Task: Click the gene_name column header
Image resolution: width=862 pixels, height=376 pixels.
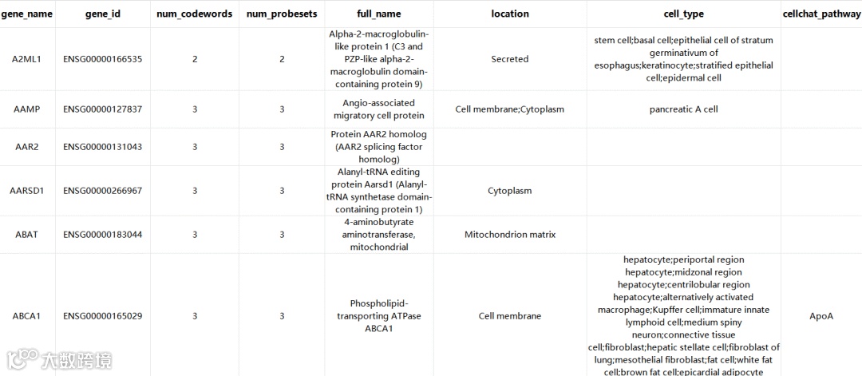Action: tap(27, 14)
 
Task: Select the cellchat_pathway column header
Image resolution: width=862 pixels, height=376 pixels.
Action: tap(821, 14)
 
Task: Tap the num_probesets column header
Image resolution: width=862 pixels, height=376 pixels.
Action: tap(282, 14)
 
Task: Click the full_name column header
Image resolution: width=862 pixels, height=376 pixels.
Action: tap(380, 14)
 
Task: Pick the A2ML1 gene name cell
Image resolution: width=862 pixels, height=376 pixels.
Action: tap(27, 59)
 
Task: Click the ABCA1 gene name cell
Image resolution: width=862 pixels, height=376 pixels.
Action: tap(27, 316)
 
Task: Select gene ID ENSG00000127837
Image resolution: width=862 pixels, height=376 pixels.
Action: tap(103, 109)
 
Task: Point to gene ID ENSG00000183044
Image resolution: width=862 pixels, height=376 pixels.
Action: tap(103, 235)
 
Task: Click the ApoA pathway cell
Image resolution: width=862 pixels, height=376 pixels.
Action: tap(821, 316)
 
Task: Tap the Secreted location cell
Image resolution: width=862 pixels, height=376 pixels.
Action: tap(510, 59)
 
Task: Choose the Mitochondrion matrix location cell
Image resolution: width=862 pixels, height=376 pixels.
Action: tap(510, 235)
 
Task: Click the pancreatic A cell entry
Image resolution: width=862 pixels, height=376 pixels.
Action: tap(683, 109)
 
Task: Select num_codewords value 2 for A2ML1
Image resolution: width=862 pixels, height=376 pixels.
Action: tap(195, 59)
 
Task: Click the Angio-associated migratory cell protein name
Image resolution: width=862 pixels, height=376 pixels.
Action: tap(380, 109)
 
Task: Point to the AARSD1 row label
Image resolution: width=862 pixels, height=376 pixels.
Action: tap(27, 191)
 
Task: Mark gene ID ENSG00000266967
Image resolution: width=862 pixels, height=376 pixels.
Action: tap(103, 191)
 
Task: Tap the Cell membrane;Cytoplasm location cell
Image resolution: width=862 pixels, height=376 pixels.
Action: tap(510, 109)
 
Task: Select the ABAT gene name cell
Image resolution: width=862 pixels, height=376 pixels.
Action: tap(27, 235)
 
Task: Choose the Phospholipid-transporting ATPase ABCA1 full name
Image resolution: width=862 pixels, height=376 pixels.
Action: tap(380, 316)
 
